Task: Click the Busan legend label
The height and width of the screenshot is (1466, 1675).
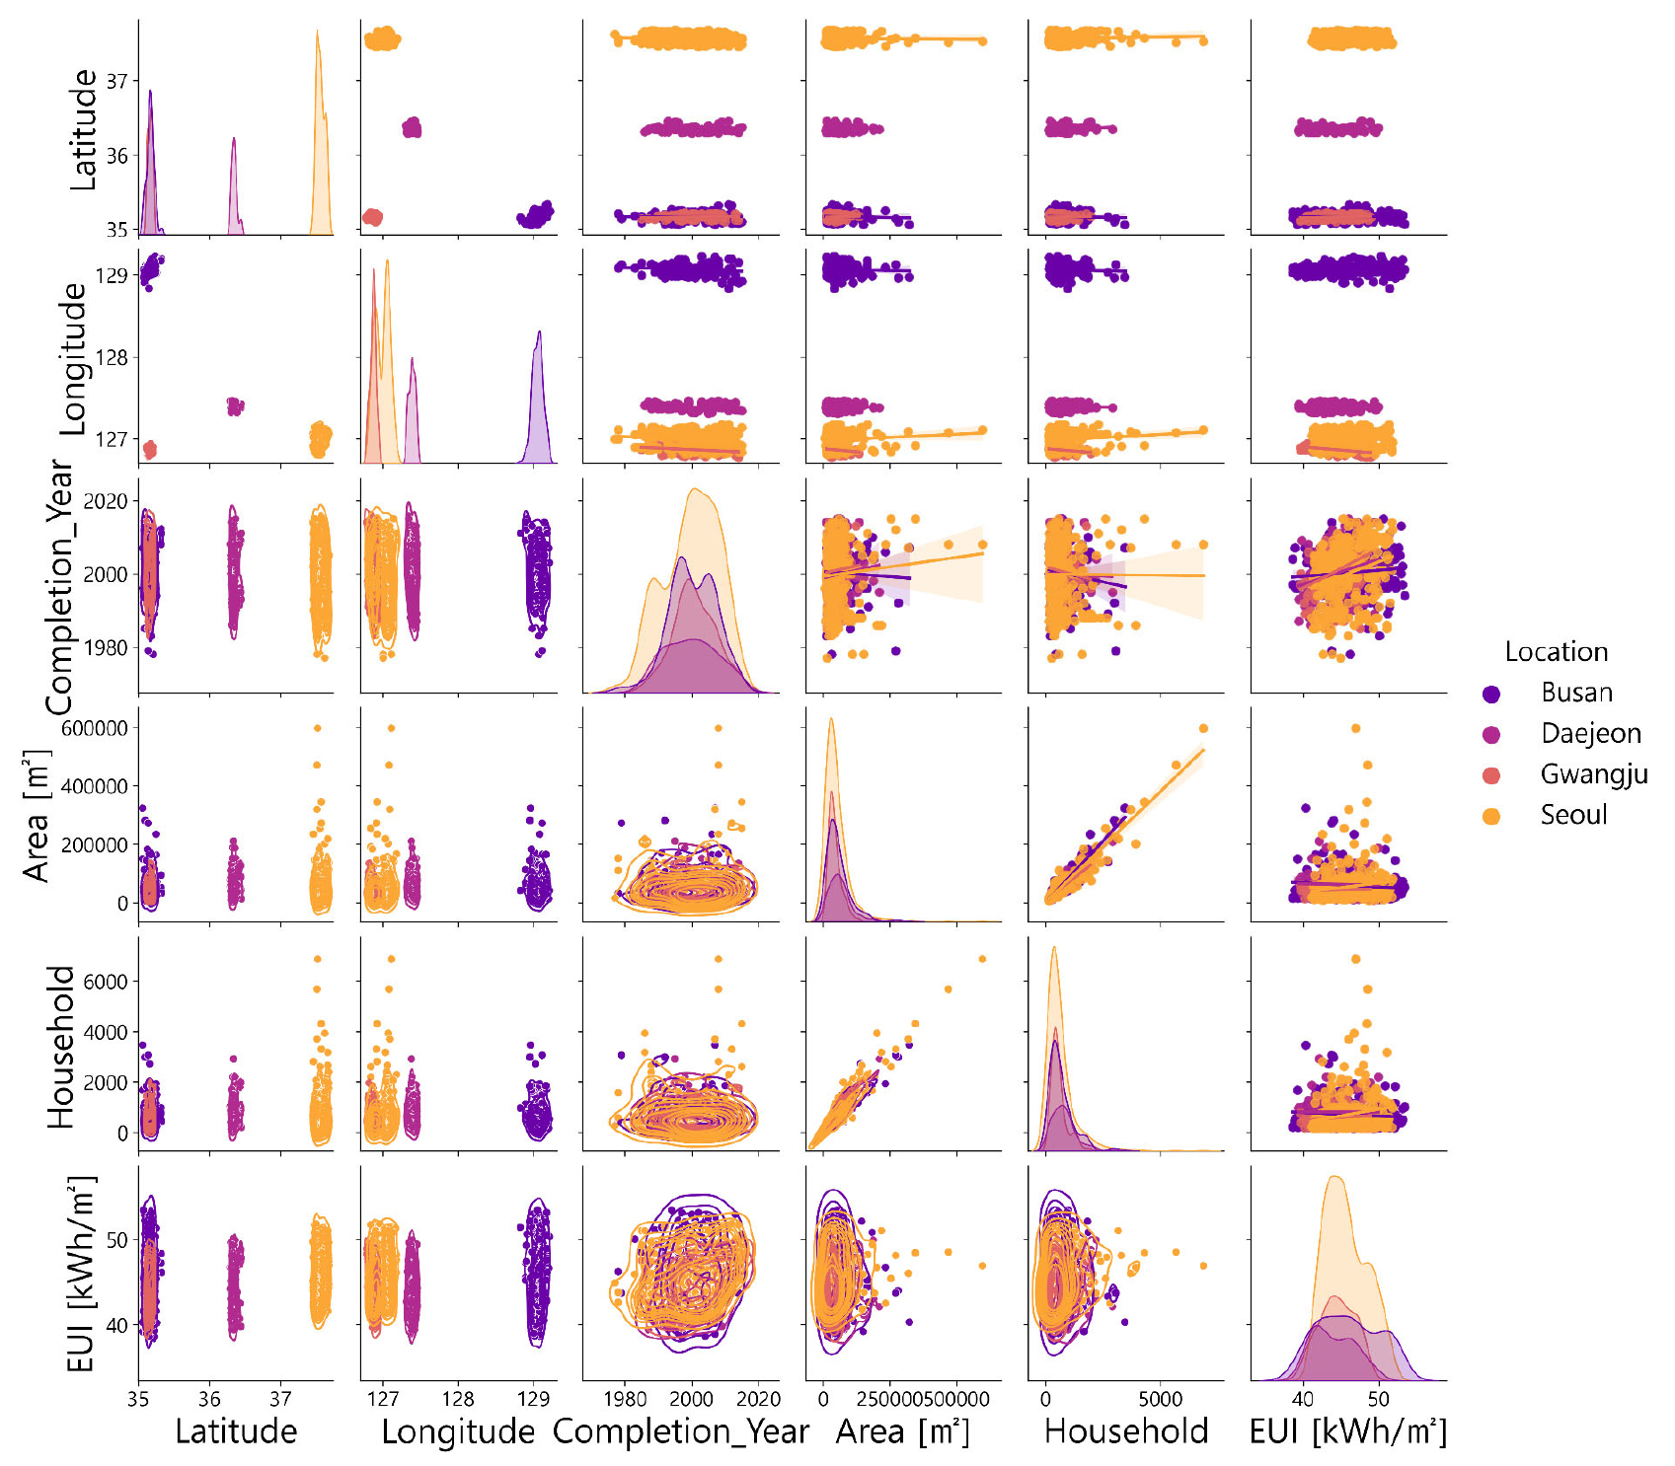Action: pyautogui.click(x=1576, y=693)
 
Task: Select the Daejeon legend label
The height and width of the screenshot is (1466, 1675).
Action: pyautogui.click(x=1590, y=733)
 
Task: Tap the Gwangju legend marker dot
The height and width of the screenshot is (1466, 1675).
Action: pyautogui.click(x=1491, y=775)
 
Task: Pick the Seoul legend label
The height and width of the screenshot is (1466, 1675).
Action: pyautogui.click(x=1573, y=815)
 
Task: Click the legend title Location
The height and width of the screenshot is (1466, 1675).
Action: pyautogui.click(x=1556, y=652)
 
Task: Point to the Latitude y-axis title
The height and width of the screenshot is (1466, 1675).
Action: pyautogui.click(x=84, y=129)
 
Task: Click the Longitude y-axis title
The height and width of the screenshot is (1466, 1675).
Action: pyautogui.click(x=74, y=359)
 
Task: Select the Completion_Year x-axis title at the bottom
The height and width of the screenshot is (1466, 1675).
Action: pyautogui.click(x=680, y=1431)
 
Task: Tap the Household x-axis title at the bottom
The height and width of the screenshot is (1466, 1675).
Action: pyautogui.click(x=1126, y=1431)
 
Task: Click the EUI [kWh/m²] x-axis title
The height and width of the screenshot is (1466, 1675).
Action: pyautogui.click(x=1348, y=1431)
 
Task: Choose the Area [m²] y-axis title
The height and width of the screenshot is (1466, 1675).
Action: pyautogui.click(x=37, y=815)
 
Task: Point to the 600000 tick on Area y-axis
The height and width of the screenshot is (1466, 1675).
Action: pyautogui.click(x=95, y=728)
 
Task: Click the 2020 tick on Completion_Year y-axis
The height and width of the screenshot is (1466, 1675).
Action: pyautogui.click(x=106, y=501)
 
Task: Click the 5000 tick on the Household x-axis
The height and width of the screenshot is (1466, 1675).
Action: pyautogui.click(x=1160, y=1399)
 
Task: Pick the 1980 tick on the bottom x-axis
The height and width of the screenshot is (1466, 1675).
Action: pyautogui.click(x=625, y=1399)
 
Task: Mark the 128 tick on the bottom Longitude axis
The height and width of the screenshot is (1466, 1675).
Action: pyautogui.click(x=458, y=1399)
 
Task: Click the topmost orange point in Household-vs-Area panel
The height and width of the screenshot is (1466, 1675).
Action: pyautogui.click(x=982, y=959)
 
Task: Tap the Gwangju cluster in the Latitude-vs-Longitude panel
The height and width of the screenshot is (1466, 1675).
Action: pyautogui.click(x=372, y=217)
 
